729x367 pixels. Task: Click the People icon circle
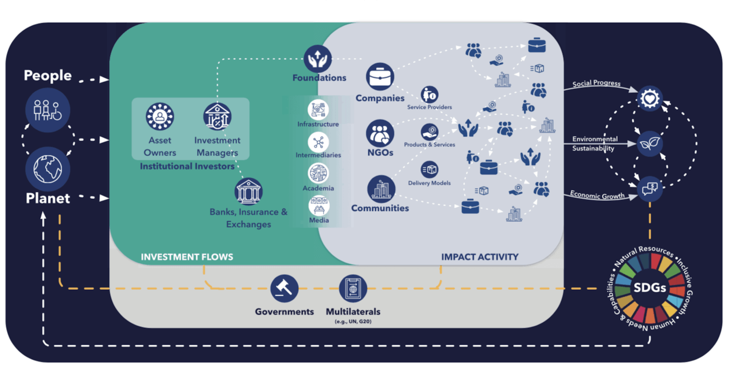pos(48,110)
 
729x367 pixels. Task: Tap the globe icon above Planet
pos(48,169)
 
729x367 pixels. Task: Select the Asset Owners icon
pos(160,116)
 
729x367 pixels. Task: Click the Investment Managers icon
pos(217,116)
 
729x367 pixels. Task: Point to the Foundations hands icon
pos(318,59)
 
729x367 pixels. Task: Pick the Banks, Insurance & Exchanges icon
pos(248,191)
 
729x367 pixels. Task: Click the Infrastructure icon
pos(318,110)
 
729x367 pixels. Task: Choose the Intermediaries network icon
pos(318,142)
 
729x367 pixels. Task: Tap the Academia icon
pos(318,173)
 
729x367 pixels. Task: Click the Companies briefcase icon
pos(380,77)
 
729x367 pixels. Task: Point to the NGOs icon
pos(380,133)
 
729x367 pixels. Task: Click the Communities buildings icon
pos(381,189)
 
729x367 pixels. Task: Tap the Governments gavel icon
pos(284,288)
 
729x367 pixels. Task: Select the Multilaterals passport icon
pos(353,288)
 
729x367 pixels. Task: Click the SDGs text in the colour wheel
pos(650,287)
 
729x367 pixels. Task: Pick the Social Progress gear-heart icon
pos(650,98)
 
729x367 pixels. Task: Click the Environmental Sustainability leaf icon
pos(650,143)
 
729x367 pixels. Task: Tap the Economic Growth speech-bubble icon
pos(650,188)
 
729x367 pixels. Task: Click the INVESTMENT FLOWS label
pos(187,257)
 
